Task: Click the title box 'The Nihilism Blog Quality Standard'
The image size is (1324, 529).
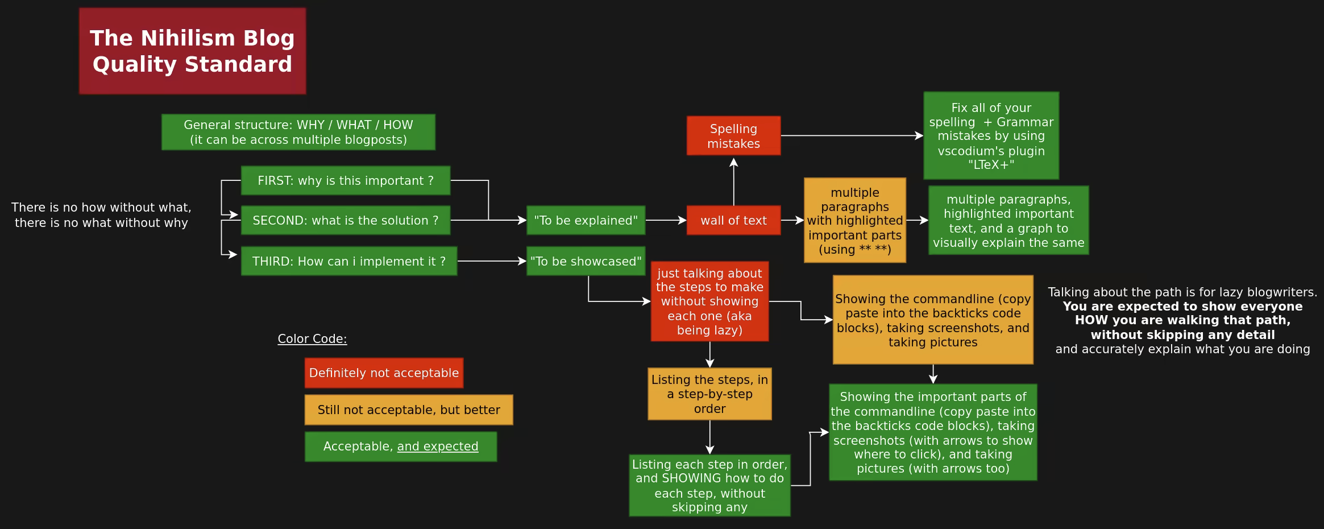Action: (192, 51)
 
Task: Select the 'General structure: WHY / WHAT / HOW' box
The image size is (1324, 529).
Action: (298, 132)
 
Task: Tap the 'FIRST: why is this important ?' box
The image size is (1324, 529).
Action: (346, 180)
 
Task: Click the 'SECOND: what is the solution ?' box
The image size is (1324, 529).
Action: (346, 220)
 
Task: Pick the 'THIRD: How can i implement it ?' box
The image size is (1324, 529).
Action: (349, 261)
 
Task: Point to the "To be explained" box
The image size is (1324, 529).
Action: (586, 220)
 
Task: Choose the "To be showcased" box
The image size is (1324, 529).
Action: (586, 261)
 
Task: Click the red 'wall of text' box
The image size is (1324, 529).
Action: (733, 220)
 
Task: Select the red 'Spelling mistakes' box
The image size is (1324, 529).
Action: (733, 136)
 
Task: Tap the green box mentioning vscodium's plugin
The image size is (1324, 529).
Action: (991, 136)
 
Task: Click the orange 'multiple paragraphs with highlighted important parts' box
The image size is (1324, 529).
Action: (855, 220)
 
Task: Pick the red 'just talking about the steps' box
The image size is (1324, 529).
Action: (709, 301)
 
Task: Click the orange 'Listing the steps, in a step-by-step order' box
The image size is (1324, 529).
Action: (709, 394)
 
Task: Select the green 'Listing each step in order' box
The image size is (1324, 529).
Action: (709, 485)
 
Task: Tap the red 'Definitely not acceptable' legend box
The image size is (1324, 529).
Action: (384, 373)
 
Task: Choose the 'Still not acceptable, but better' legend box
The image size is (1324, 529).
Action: (409, 410)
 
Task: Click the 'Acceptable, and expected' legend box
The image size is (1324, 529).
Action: (401, 447)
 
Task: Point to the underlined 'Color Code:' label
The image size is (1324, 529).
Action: (312, 339)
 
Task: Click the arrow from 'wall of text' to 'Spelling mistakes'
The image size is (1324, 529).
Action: (733, 182)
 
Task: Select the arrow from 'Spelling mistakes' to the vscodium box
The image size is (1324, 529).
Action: (852, 136)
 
